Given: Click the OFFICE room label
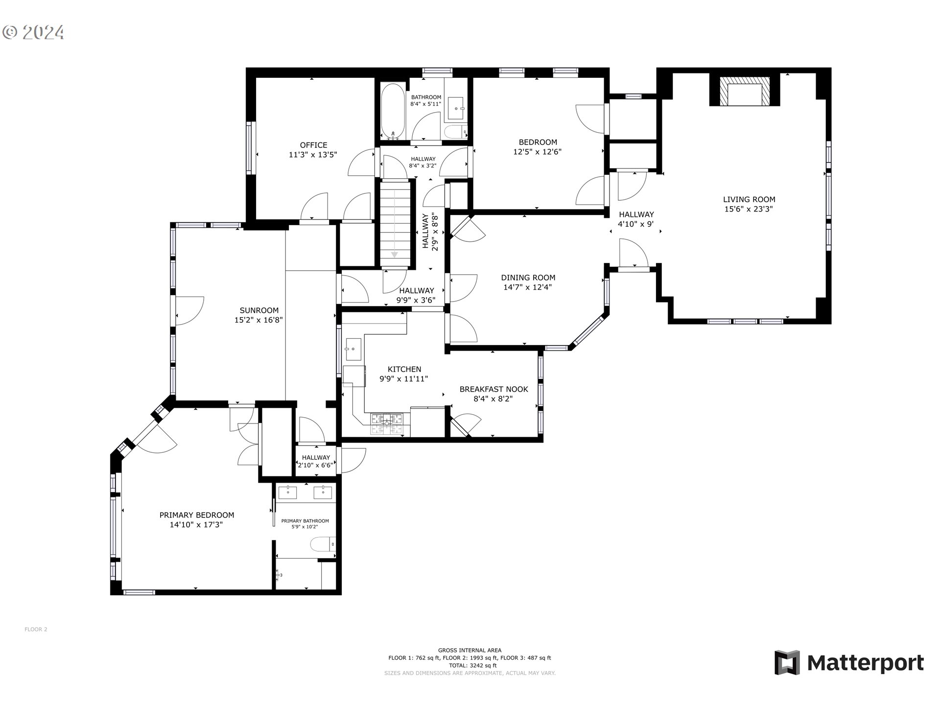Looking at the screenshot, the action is pyautogui.click(x=313, y=145).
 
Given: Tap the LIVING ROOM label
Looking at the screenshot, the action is pyautogui.click(x=749, y=199).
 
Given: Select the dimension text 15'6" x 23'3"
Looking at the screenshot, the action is pyautogui.click(x=749, y=209).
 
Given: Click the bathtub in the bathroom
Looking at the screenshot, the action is pyautogui.click(x=393, y=111).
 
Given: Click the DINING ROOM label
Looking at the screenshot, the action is pyautogui.click(x=528, y=278).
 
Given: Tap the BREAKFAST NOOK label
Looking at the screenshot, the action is pyautogui.click(x=493, y=389).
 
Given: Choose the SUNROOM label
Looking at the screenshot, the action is pyautogui.click(x=259, y=310).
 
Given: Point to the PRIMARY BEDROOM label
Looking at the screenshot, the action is pyautogui.click(x=197, y=515).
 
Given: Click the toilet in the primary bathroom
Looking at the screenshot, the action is pyautogui.click(x=323, y=544).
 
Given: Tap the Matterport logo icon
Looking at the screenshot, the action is pyautogui.click(x=787, y=662).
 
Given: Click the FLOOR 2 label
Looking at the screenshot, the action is pyautogui.click(x=36, y=630).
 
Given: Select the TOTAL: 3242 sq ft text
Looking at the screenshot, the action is pyautogui.click(x=470, y=665).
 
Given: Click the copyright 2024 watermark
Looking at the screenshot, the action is pyautogui.click(x=33, y=32).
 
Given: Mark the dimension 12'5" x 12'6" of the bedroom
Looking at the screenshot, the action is pyautogui.click(x=537, y=152).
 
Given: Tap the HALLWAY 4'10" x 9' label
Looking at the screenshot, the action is pyautogui.click(x=636, y=219).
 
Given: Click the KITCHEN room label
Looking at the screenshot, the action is pyautogui.click(x=404, y=369).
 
